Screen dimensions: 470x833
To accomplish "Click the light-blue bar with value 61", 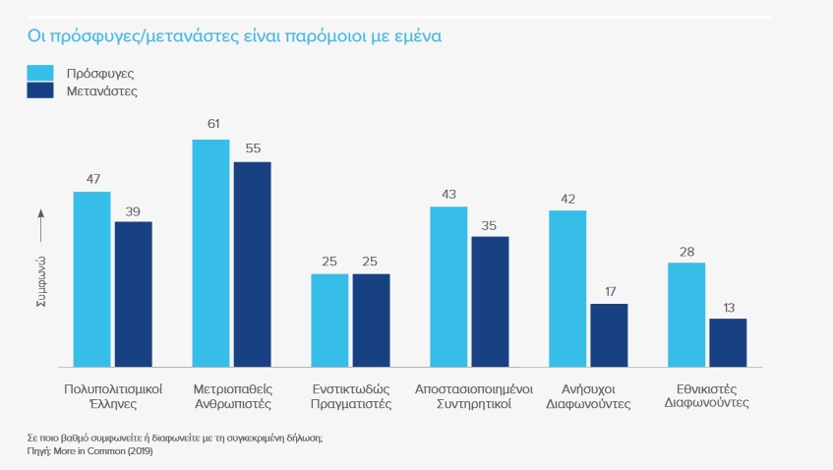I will [210, 253].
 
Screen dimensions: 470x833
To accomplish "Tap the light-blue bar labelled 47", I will [92, 278].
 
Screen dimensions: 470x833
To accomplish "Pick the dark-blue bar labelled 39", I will [134, 293].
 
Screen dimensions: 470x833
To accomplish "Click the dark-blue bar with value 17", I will [609, 334].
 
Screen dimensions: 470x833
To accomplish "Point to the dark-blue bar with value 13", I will [728, 341].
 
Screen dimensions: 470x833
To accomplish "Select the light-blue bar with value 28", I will [686, 314].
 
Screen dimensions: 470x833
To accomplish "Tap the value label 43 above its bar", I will [448, 194].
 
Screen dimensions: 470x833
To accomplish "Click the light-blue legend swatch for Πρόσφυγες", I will [40, 73].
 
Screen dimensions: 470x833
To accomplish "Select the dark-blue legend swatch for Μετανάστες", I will [40, 90].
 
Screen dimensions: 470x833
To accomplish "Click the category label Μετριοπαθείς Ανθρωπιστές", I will [232, 395].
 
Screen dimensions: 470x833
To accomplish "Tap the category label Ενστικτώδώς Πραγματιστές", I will [351, 395].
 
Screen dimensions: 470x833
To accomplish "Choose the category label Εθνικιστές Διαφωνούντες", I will [706, 395].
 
